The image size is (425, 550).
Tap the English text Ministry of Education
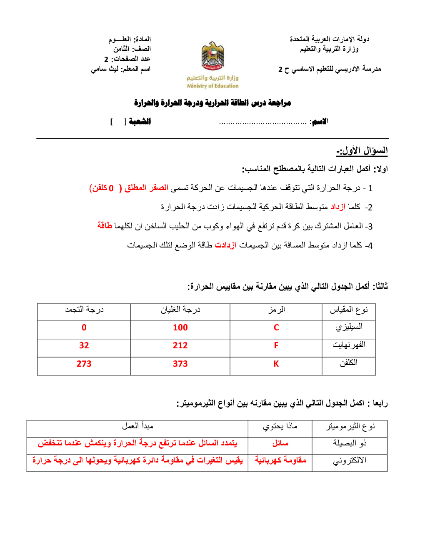click(x=212, y=86)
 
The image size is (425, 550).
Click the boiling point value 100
click(x=180, y=328)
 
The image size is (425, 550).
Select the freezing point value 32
click(x=84, y=346)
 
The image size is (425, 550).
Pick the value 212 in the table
click(x=180, y=346)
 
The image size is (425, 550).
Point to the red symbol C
click(x=276, y=328)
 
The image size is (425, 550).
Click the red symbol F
click(x=276, y=346)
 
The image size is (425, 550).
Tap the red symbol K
click(x=276, y=364)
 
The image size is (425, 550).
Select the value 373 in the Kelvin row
click(x=180, y=364)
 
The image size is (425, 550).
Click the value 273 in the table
click(x=84, y=364)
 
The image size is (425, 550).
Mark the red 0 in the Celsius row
click(x=84, y=328)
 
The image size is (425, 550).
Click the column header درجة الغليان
click(x=180, y=310)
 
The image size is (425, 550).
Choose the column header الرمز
click(x=276, y=310)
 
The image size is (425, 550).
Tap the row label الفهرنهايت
click(x=349, y=345)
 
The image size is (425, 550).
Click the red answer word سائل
click(x=280, y=443)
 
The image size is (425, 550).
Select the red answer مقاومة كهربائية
click(x=280, y=460)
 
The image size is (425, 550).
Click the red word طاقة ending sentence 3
click(x=105, y=225)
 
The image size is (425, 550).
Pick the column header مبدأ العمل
click(x=137, y=426)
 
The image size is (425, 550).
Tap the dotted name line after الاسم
click(x=262, y=123)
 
